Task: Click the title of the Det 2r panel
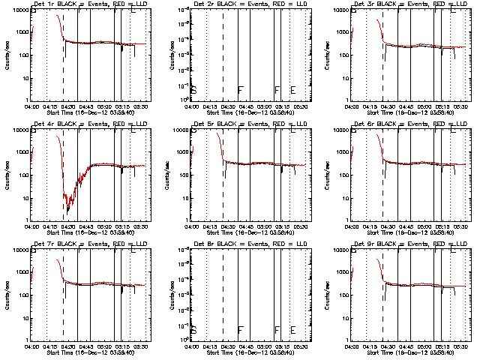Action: [249, 4]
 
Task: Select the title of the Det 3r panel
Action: [409, 4]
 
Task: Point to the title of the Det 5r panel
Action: [249, 124]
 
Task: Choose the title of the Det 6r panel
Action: [409, 124]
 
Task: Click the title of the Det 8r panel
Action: [249, 244]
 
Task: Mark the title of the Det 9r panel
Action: [409, 244]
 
